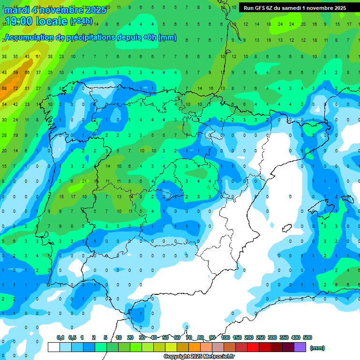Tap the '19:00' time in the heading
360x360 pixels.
pos(19,21)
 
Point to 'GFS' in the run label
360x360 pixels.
pos(259,8)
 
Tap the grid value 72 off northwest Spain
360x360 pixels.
pos(15,88)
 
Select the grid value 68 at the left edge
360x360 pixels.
pos(4,88)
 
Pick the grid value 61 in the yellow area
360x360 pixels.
pos(38,57)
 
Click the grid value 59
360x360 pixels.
pos(15,73)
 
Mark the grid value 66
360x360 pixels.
pos(27,73)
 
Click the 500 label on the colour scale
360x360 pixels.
pos(307,337)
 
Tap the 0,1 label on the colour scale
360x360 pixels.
pos(60,337)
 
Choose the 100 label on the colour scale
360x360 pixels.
pos(225,337)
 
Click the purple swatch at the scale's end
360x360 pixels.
pos(300,347)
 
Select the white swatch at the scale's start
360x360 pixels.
pos(54,347)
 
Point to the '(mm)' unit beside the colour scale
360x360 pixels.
pos(317,348)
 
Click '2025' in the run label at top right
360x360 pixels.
pos(337,8)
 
